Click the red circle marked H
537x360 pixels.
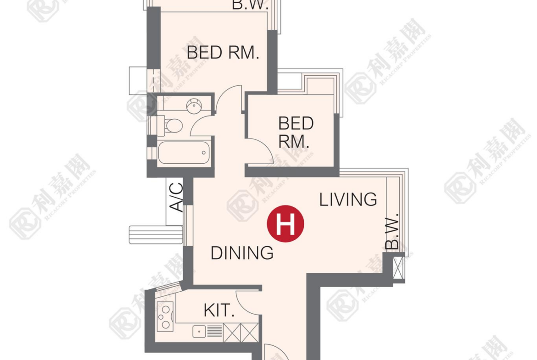(x=285, y=224)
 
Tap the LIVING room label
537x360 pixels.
(x=348, y=199)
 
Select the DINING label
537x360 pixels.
(x=242, y=253)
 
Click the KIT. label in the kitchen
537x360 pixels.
(x=219, y=310)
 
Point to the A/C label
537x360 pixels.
(x=177, y=197)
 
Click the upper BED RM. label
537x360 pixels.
(x=223, y=52)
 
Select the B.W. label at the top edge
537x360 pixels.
(x=250, y=5)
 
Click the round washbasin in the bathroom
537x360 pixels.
(x=194, y=106)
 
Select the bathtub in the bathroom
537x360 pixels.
(x=184, y=153)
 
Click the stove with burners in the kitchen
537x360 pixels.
(x=165, y=316)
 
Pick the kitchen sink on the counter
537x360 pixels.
(x=199, y=331)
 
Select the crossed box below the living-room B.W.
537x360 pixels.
(x=398, y=268)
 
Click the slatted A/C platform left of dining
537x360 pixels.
(x=156, y=235)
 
